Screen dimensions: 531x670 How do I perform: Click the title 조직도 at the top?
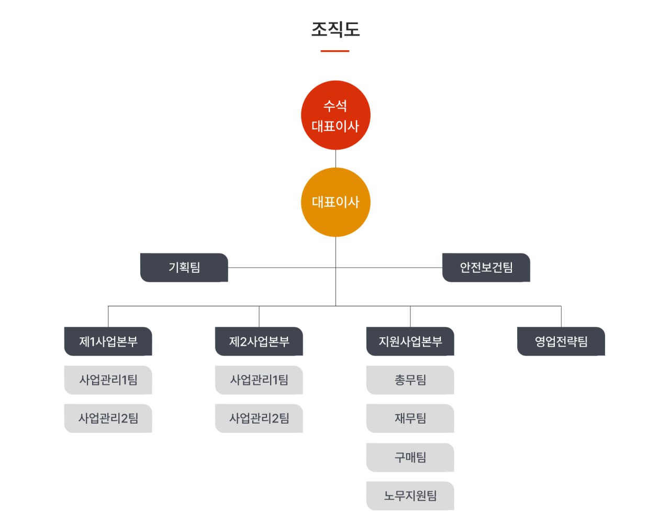pos(335,29)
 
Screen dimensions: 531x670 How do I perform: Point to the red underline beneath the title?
pos(335,51)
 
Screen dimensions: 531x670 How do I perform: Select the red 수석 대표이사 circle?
pos(336,115)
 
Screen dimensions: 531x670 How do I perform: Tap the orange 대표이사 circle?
pos(336,202)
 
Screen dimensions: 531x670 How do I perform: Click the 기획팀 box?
pos(184,268)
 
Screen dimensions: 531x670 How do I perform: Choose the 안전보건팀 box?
pos(486,268)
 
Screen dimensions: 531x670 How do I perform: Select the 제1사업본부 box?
pos(108,341)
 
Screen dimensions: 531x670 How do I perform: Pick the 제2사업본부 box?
pos(259,341)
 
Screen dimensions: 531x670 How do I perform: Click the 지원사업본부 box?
pos(410,341)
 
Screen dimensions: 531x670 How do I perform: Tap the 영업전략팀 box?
pos(561,341)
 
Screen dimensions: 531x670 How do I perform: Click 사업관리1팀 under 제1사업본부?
pos(108,380)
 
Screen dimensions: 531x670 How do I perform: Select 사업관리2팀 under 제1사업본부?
pos(108,418)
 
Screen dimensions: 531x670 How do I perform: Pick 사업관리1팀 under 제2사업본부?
pos(259,380)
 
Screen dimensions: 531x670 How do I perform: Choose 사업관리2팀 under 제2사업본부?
pos(259,418)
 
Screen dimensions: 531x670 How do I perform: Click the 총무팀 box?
pos(410,380)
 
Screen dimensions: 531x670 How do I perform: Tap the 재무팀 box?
pos(410,418)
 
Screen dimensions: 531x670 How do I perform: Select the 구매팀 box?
pos(410,457)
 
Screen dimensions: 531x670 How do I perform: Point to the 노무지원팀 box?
pos(410,495)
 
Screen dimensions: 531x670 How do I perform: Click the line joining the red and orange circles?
pos(336,159)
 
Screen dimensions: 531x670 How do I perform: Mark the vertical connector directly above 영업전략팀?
pos(561,317)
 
